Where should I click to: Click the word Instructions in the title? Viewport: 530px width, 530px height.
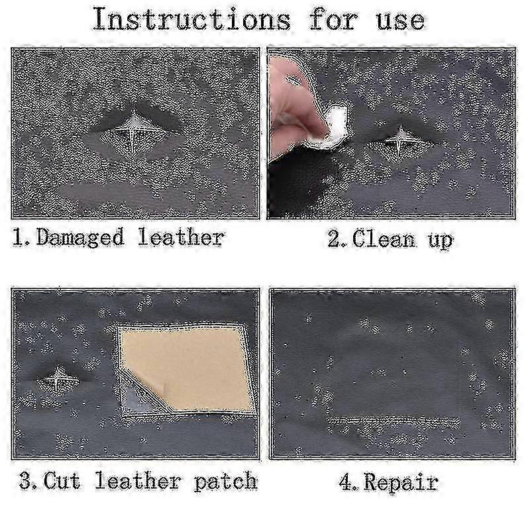click(x=191, y=20)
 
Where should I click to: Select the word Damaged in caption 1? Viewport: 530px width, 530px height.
click(x=79, y=238)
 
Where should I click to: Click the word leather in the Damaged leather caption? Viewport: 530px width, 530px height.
click(x=181, y=237)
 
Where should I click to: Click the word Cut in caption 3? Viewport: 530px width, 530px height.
click(x=62, y=480)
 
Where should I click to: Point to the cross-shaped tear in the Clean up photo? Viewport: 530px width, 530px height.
click(x=401, y=139)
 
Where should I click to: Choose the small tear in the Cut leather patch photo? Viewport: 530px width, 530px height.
click(x=58, y=379)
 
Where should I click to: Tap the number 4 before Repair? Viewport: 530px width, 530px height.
click(x=346, y=482)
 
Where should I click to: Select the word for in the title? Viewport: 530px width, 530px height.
click(x=333, y=20)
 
